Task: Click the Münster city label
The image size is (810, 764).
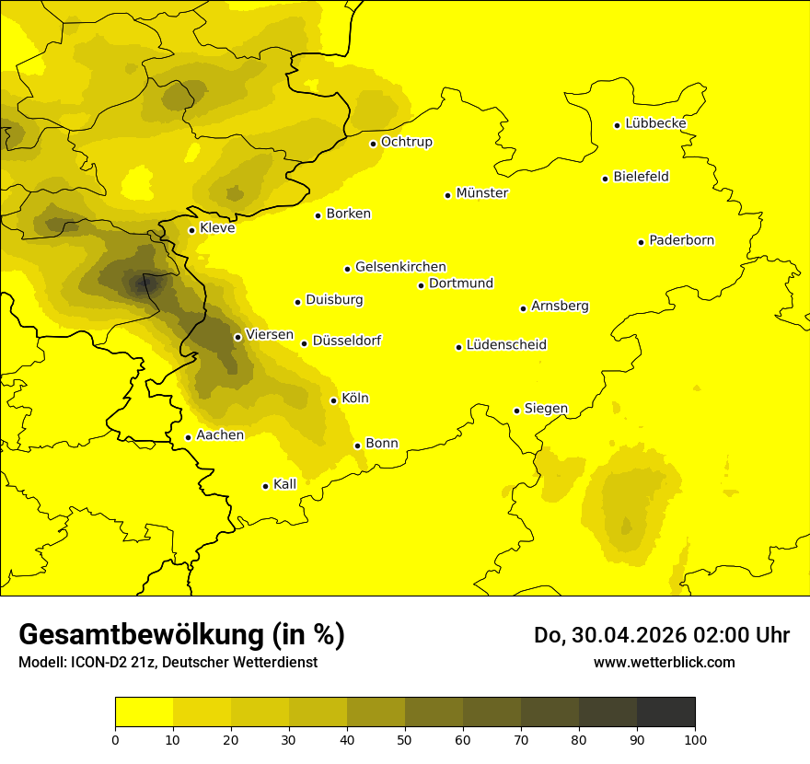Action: coord(481,193)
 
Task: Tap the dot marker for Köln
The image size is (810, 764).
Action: coord(333,400)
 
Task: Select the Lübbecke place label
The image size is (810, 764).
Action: coord(655,123)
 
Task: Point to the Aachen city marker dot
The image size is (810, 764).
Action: coord(188,437)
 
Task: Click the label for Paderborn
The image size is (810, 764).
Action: coord(681,240)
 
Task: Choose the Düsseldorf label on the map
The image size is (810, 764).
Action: coord(346,341)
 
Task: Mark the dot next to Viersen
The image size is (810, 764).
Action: coord(237,337)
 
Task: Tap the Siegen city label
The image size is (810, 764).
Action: coord(546,409)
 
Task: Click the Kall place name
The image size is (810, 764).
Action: coord(285,484)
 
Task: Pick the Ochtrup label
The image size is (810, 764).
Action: coord(406,142)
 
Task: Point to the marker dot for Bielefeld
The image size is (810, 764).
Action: coord(605,179)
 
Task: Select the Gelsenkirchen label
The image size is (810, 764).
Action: coord(400,267)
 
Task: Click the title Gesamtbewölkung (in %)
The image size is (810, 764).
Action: coord(181,634)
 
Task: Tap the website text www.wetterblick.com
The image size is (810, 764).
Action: coord(664,662)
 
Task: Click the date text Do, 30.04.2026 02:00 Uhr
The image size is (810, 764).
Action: coord(661,635)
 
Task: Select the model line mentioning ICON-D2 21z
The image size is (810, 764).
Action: coord(168,662)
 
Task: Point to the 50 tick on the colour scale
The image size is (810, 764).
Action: coord(405,738)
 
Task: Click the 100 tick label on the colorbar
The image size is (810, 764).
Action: coord(695,738)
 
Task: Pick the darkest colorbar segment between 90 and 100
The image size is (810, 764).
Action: coord(665,712)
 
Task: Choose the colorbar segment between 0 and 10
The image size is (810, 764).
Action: coord(144,712)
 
